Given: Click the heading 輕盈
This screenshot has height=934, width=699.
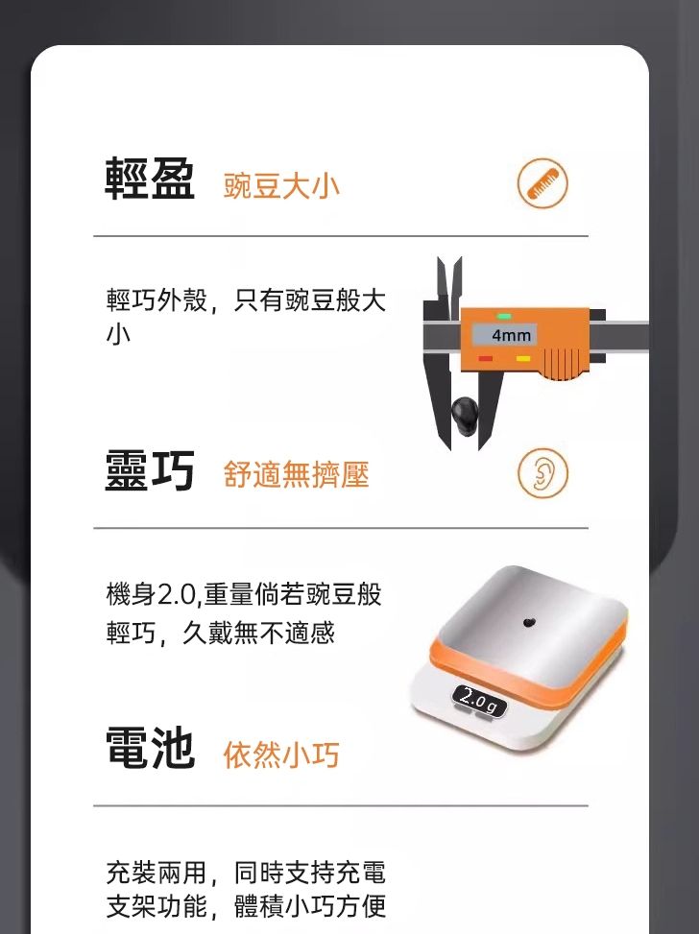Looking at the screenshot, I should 149,180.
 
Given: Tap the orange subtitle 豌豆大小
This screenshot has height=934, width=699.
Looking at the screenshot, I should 281,185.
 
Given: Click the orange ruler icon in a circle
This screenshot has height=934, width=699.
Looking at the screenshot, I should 542,184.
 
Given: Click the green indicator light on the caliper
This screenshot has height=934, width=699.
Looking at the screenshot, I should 504,316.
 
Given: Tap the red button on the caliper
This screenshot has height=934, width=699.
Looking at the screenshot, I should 486,358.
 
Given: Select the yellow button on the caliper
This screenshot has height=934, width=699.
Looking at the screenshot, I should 523,358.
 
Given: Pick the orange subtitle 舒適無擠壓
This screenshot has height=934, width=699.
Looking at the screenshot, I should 296,473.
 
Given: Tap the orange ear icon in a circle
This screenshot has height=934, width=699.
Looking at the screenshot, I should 542,473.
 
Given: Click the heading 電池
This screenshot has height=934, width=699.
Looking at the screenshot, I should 149,749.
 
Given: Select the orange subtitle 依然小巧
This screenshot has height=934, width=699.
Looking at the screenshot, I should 281,754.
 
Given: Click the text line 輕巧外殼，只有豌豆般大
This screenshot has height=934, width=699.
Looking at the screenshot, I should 246,301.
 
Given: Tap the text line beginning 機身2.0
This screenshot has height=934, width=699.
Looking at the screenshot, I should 244,595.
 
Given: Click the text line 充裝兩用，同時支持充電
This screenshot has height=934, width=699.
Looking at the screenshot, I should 246,873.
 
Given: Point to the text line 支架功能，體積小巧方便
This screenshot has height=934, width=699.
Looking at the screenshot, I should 246,905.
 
